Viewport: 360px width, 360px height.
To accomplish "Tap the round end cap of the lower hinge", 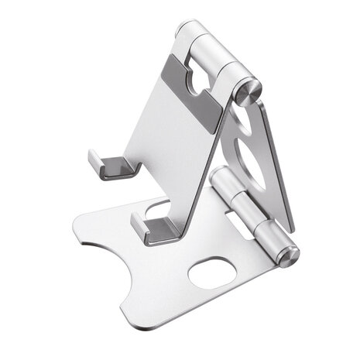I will pyautogui.click(x=288, y=255).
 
